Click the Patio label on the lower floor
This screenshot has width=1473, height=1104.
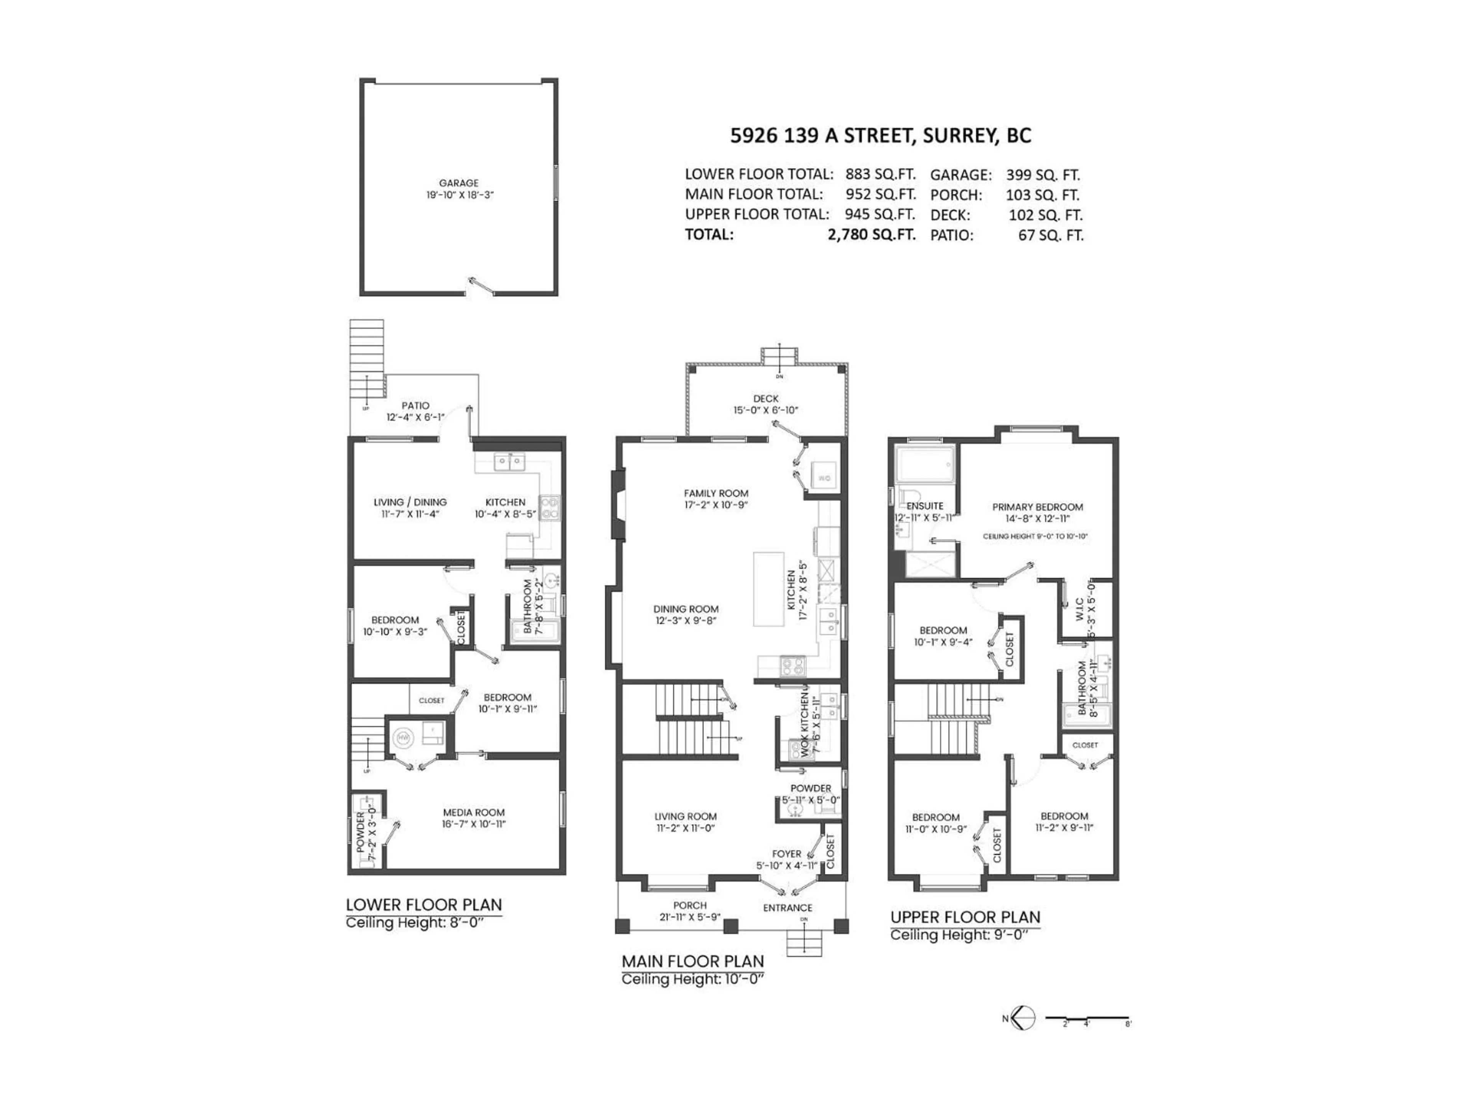click(x=415, y=405)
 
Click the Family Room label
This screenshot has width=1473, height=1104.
click(x=716, y=493)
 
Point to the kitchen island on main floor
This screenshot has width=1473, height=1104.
click(x=768, y=588)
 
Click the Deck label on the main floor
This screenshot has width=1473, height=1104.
click(x=766, y=399)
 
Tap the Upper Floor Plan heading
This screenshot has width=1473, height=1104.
click(x=965, y=917)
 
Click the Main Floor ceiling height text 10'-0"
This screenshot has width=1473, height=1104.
click(x=692, y=979)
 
